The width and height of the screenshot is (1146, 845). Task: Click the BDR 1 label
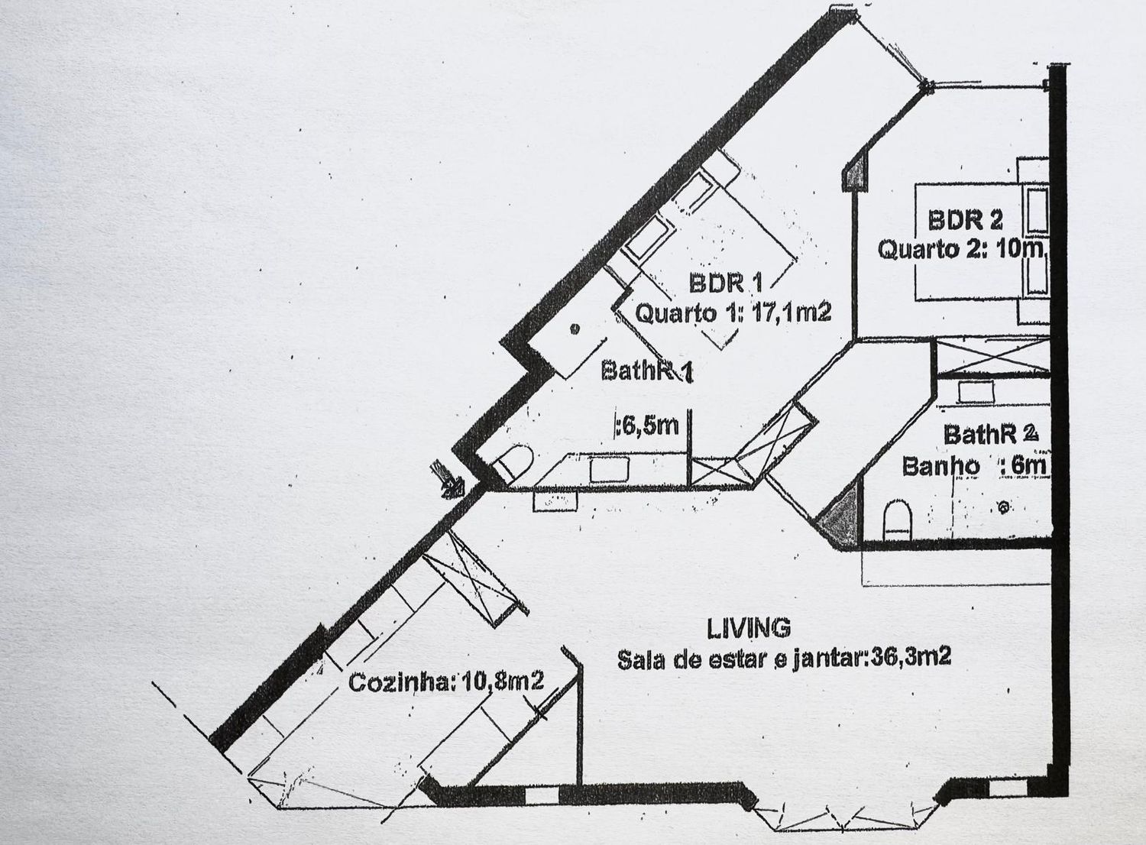[726, 283]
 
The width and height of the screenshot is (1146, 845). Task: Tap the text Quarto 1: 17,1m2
[733, 312]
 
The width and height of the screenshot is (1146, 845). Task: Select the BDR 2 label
[965, 220]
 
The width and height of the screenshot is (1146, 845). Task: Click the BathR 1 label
[647, 371]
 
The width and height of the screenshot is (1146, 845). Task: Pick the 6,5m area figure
[649, 425]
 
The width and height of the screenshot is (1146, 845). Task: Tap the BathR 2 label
[990, 435]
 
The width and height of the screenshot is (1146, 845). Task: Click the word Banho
[940, 465]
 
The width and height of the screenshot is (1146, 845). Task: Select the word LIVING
[749, 628]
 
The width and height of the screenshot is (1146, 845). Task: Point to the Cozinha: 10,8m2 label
[446, 682]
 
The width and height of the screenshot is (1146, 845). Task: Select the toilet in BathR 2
[897, 520]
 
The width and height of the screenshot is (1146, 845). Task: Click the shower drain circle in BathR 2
[1003, 507]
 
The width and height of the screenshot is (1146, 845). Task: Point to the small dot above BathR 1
[574, 329]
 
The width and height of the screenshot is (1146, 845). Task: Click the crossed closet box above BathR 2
[992, 356]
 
